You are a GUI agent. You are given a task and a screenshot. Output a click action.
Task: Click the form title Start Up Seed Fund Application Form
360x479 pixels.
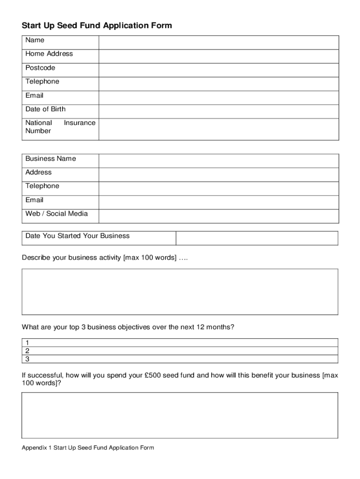coord(97,26)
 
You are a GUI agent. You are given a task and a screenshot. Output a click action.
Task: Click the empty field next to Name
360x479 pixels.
coord(218,42)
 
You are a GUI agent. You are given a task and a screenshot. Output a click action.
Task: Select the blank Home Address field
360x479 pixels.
coord(218,56)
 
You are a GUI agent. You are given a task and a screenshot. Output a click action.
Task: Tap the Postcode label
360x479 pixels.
coord(40,68)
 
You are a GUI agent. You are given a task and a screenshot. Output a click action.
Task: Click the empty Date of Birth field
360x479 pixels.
coord(218,111)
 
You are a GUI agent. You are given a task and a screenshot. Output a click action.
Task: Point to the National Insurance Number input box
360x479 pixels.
coord(218,129)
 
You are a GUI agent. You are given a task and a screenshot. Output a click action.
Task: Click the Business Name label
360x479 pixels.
coord(50,159)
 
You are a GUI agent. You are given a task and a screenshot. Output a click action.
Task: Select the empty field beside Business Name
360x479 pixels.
coord(218,161)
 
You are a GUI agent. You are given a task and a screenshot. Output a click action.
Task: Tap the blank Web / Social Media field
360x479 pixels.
coord(218,216)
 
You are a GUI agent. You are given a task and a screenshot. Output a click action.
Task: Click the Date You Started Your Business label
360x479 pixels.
coord(78,236)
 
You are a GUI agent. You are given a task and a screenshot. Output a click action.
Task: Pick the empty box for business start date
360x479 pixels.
coord(257,238)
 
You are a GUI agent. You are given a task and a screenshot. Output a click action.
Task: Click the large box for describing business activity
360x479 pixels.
coord(180,291)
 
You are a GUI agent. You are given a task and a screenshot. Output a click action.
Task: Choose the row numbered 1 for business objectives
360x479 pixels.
coord(180,342)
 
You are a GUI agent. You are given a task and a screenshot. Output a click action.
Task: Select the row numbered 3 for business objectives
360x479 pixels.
coord(180,359)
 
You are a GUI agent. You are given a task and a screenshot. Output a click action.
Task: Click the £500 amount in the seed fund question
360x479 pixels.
coord(154,375)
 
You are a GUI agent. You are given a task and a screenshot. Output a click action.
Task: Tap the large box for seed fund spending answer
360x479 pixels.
coord(180,415)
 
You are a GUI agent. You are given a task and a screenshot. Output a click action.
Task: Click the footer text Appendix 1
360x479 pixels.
coord(36,448)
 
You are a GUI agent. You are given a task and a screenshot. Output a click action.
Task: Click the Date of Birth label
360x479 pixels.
coord(45,109)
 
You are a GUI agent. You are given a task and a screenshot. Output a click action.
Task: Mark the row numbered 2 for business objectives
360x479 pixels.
coord(180,351)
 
